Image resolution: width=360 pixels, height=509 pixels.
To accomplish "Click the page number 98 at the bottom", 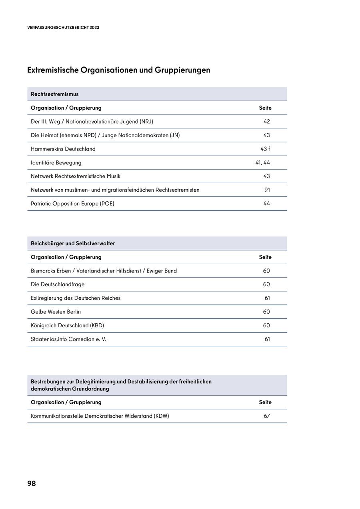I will tap(32, 483).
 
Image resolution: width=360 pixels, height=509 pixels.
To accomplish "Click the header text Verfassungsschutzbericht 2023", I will tap(63, 28).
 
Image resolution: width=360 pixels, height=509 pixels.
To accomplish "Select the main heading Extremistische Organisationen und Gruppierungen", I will tap(119, 70).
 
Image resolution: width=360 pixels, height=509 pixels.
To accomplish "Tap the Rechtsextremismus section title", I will tap(55, 94).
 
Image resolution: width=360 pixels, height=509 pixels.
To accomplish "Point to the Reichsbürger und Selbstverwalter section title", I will tap(73, 243).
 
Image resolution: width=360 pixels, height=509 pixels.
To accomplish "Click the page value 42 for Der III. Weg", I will tap(267, 122).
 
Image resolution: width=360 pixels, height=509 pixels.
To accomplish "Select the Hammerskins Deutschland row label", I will tap(63, 149).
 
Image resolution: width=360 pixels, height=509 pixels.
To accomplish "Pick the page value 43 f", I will tap(265, 149).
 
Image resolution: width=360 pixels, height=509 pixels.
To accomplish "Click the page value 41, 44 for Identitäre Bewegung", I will tap(263, 162).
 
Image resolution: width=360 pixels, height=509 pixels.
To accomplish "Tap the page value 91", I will tap(267, 190).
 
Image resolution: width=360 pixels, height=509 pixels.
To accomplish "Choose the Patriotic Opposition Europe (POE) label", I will tap(72, 204).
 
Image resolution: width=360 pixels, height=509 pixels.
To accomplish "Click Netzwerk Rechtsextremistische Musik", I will tap(76, 176).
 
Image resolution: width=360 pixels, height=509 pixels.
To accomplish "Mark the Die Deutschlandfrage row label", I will tap(58, 285).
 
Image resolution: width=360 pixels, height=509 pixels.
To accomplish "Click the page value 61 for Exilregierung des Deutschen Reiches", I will tap(267, 298).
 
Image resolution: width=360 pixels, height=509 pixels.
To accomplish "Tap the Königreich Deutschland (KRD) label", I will tap(67, 325).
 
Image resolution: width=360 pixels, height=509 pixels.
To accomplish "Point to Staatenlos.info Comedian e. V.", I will tap(68, 339).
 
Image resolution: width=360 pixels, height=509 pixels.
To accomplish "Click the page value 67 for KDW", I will tap(267, 416).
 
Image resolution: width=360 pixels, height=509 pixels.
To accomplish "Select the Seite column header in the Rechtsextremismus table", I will tap(265, 108).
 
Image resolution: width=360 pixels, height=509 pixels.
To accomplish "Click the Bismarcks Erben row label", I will tap(104, 271).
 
